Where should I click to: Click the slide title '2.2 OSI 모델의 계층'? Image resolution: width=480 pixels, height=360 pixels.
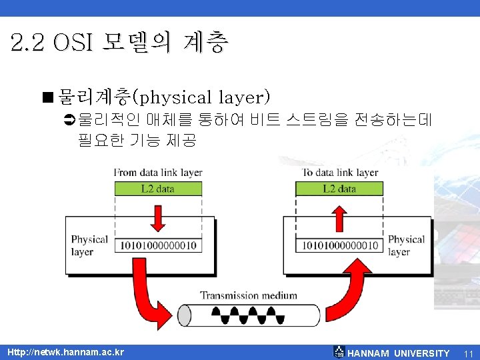tap(120, 44)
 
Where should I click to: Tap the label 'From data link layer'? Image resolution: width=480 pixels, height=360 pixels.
tap(158, 173)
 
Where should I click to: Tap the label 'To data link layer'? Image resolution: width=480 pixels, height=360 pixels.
tap(340, 173)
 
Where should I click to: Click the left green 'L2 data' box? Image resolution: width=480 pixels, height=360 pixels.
tap(158, 189)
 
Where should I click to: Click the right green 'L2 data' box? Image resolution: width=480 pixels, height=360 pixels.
tap(339, 189)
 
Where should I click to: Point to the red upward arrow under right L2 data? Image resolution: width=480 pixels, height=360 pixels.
tap(339, 217)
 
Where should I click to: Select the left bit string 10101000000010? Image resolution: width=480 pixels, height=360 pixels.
tap(158, 245)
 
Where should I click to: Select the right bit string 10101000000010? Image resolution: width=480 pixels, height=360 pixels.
tap(340, 245)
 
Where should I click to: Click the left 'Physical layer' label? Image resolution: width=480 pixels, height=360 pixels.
tap(89, 245)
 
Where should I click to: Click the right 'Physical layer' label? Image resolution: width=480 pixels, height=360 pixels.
tap(406, 245)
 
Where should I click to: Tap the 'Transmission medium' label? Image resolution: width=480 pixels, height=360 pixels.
tap(249, 295)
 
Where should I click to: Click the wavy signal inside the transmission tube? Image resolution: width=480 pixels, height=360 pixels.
tap(249, 314)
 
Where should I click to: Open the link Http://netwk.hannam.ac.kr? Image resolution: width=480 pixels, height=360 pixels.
tap(65, 352)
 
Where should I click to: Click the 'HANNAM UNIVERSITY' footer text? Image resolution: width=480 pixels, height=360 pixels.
tap(399, 353)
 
